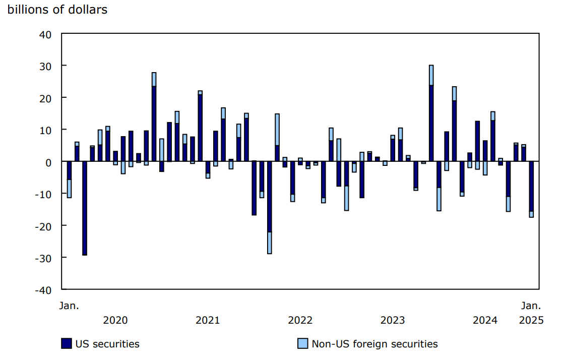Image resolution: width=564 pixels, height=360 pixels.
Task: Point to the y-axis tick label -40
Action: click(43, 290)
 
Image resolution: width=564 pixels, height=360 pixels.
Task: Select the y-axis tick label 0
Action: click(49, 162)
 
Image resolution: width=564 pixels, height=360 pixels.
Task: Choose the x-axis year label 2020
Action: click(115, 320)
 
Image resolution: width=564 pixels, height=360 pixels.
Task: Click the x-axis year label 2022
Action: click(300, 320)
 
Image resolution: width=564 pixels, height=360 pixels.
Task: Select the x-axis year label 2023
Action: click(393, 320)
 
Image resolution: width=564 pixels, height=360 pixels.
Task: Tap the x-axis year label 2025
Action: click(531, 320)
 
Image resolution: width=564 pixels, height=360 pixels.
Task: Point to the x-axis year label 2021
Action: click(208, 320)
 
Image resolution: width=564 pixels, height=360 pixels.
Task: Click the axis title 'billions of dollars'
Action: click(57, 10)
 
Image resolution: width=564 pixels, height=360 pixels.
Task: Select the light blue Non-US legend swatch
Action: click(302, 344)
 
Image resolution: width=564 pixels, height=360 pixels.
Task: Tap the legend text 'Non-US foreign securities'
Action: click(374, 344)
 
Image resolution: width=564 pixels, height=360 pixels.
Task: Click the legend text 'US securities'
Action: click(107, 344)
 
